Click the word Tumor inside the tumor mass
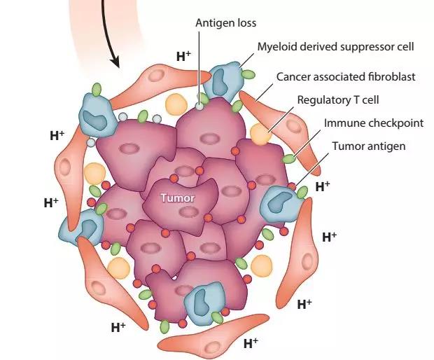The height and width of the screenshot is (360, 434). tap(178, 198)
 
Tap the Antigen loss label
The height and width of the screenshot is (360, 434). tap(225, 23)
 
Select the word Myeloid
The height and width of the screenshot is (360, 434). tap(279, 47)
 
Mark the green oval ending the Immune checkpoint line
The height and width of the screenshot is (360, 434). tap(288, 159)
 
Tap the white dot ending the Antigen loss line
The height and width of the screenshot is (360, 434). tap(199, 106)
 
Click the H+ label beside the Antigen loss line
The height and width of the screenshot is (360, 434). tap(183, 55)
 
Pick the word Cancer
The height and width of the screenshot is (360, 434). tap(293, 76)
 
